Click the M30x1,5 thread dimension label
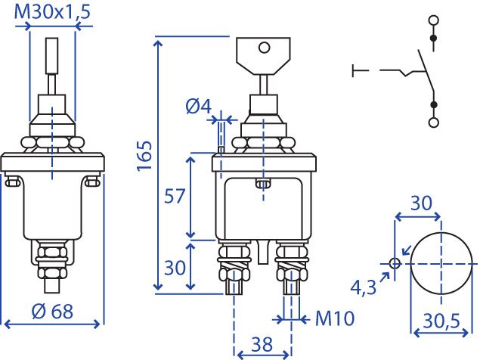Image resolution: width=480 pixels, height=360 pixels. tap(52, 12)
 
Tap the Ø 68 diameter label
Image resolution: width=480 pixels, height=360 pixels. tap(52, 312)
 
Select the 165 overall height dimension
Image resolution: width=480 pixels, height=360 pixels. tap(144, 156)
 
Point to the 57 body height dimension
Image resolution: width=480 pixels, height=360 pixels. tap(175, 196)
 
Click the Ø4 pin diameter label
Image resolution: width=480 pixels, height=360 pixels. tap(199, 107)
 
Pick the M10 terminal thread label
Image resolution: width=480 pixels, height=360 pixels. tap(335, 318)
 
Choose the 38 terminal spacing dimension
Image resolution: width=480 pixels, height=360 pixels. tap(262, 344)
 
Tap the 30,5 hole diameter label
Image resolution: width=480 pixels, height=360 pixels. tap(441, 321)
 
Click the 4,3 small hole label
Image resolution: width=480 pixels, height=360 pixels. tap(363, 287)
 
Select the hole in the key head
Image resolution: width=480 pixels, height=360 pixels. tap(264, 48)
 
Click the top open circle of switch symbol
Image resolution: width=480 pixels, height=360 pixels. tap(434, 20)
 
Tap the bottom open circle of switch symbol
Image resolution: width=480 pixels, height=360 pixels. tap(433, 123)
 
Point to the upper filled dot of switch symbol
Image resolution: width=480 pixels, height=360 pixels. tap(433, 38)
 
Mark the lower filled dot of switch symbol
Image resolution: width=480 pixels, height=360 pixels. tap(433, 105)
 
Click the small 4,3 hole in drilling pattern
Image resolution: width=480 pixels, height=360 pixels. tap(395, 263)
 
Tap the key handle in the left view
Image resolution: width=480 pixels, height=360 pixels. tap(52, 56)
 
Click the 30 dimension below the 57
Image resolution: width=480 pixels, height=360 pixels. tap(175, 268)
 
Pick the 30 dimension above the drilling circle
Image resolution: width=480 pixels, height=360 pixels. tap(421, 203)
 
